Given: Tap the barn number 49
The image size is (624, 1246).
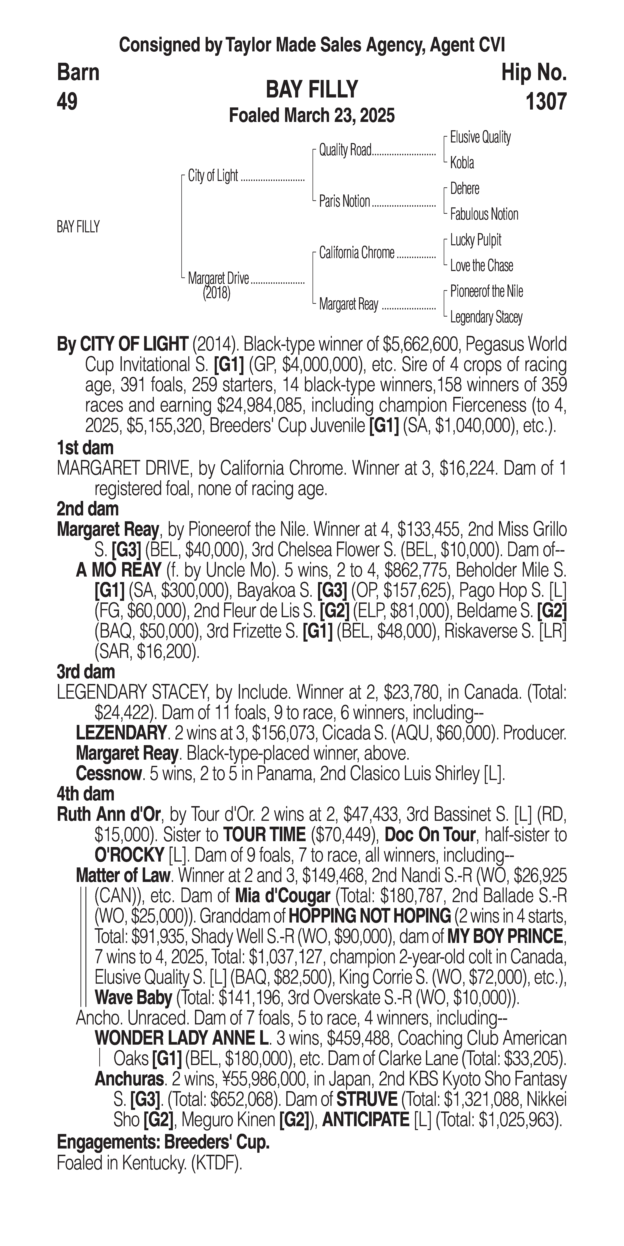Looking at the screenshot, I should (x=67, y=102).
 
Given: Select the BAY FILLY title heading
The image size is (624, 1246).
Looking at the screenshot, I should (x=312, y=90).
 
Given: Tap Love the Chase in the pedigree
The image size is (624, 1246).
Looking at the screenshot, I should (x=481, y=266).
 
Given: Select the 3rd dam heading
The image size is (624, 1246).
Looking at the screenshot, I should (x=86, y=672).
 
